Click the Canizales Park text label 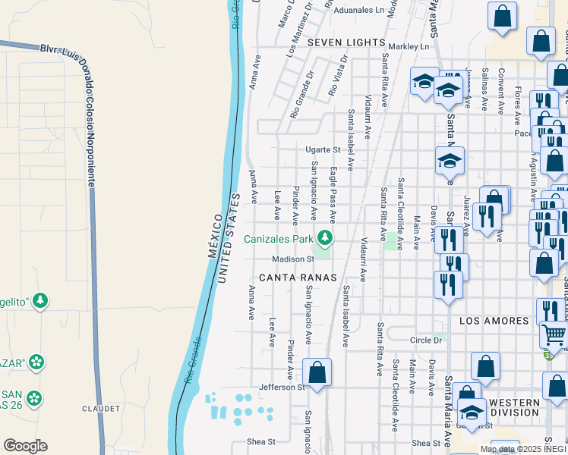click(279, 240)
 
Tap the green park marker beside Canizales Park click(326, 239)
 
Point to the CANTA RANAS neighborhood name click(297, 278)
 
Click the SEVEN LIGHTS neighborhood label click(346, 44)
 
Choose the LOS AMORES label click(494, 321)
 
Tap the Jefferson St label click(280, 387)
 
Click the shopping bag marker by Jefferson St click(317, 372)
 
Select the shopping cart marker click(554, 334)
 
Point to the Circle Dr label click(426, 340)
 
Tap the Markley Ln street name click(409, 47)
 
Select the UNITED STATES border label click(231, 240)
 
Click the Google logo click(25, 446)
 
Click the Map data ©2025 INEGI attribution click(523, 449)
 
